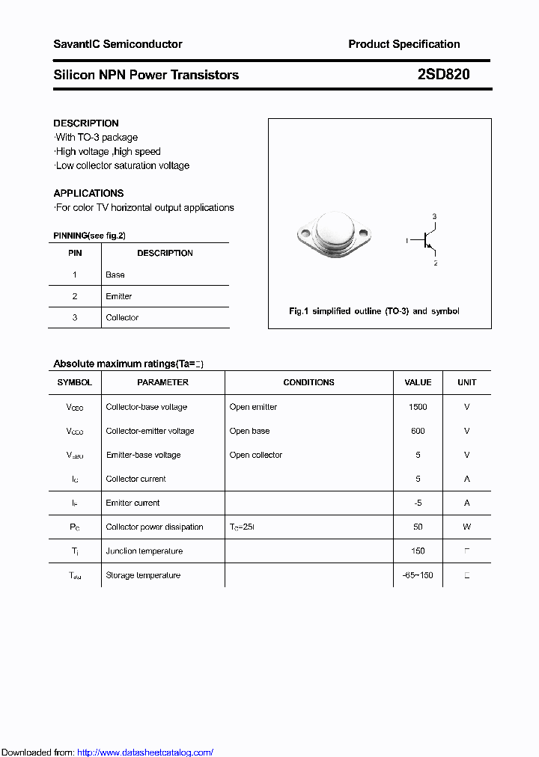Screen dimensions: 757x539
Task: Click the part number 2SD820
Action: point(443,75)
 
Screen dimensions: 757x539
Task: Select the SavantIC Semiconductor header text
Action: point(118,44)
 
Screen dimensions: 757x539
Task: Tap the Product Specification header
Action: point(404,44)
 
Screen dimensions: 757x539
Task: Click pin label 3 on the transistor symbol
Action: point(435,217)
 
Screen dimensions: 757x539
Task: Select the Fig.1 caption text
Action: point(374,311)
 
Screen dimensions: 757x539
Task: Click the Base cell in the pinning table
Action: point(115,275)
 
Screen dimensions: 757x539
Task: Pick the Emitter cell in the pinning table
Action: point(119,296)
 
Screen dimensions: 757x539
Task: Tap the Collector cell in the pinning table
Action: point(122,318)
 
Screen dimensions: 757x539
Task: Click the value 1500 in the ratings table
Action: point(418,407)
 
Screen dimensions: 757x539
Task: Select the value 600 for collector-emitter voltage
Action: point(418,431)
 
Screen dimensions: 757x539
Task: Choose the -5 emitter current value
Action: point(418,503)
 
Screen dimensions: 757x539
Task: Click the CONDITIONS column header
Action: point(308,382)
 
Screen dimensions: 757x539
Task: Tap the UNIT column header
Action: point(466,382)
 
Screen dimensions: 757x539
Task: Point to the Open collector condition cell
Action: point(256,455)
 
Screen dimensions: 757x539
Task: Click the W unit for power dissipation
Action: point(466,527)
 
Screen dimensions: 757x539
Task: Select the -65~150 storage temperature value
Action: point(418,575)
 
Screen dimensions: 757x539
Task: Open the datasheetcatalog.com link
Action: point(145,753)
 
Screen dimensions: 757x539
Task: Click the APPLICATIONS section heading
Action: point(88,193)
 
